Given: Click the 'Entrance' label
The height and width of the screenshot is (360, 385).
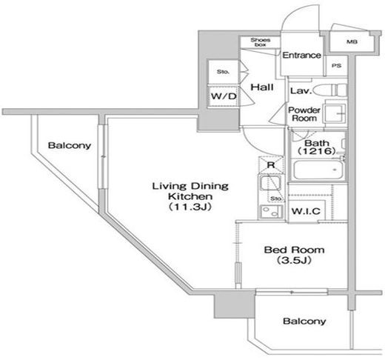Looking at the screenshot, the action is [301, 55].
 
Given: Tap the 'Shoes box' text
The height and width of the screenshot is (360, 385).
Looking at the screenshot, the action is [261, 42].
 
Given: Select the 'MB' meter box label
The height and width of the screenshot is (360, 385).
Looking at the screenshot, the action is [352, 42].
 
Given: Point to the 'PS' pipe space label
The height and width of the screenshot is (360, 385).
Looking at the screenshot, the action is [337, 66].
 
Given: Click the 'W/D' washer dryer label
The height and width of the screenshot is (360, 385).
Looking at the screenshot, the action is [224, 96].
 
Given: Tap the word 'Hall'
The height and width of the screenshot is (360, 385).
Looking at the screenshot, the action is [262, 87].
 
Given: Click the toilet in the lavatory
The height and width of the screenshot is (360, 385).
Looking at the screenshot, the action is [330, 90].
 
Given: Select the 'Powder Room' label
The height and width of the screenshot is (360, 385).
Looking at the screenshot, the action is [304, 114].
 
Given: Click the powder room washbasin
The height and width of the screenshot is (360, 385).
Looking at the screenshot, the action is [335, 113].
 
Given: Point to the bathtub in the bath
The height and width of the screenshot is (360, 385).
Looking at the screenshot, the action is [318, 170].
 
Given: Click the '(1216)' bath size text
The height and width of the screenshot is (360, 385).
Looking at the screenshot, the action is [317, 151].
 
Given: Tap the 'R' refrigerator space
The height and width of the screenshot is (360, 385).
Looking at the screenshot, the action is [271, 164].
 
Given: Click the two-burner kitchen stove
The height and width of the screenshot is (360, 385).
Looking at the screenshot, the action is [270, 212].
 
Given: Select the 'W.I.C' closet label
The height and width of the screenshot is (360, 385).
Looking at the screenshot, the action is [306, 211].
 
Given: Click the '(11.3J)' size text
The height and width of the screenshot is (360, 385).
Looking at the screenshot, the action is [190, 207].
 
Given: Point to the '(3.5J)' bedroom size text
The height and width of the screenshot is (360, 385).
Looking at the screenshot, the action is [294, 260].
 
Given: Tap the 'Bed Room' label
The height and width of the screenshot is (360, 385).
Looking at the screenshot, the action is [294, 250].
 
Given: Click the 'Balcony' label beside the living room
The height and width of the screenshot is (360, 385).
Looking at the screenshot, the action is [70, 145].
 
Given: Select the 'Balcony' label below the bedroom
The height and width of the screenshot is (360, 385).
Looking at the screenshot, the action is [304, 321].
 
